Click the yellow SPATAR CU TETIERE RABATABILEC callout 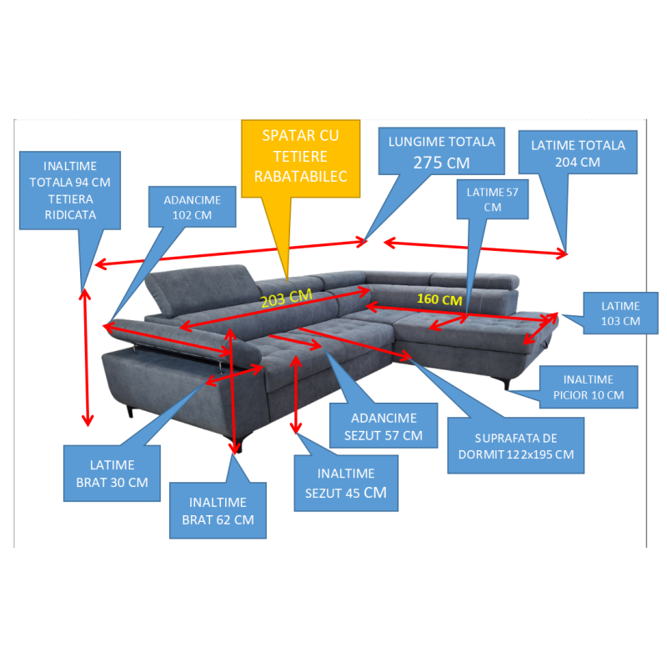pos(300,158)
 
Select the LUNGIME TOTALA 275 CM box pos(442,151)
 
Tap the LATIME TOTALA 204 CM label pos(578,153)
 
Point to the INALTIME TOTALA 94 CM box pos(70,190)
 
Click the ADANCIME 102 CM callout pos(193,207)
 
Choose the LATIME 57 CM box pos(493,199)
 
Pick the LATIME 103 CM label pos(620,313)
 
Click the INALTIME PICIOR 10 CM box pos(589,387)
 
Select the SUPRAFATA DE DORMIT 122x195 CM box pos(516,445)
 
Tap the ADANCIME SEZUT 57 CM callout pos(384,426)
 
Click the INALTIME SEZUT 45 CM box pos(346,484)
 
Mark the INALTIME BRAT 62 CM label pos(218,510)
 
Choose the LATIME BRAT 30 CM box pos(112,474)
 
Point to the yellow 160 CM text pos(439,299)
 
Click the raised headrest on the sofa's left pos(200,289)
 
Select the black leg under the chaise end pos(506,384)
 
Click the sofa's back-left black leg pos(130,412)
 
